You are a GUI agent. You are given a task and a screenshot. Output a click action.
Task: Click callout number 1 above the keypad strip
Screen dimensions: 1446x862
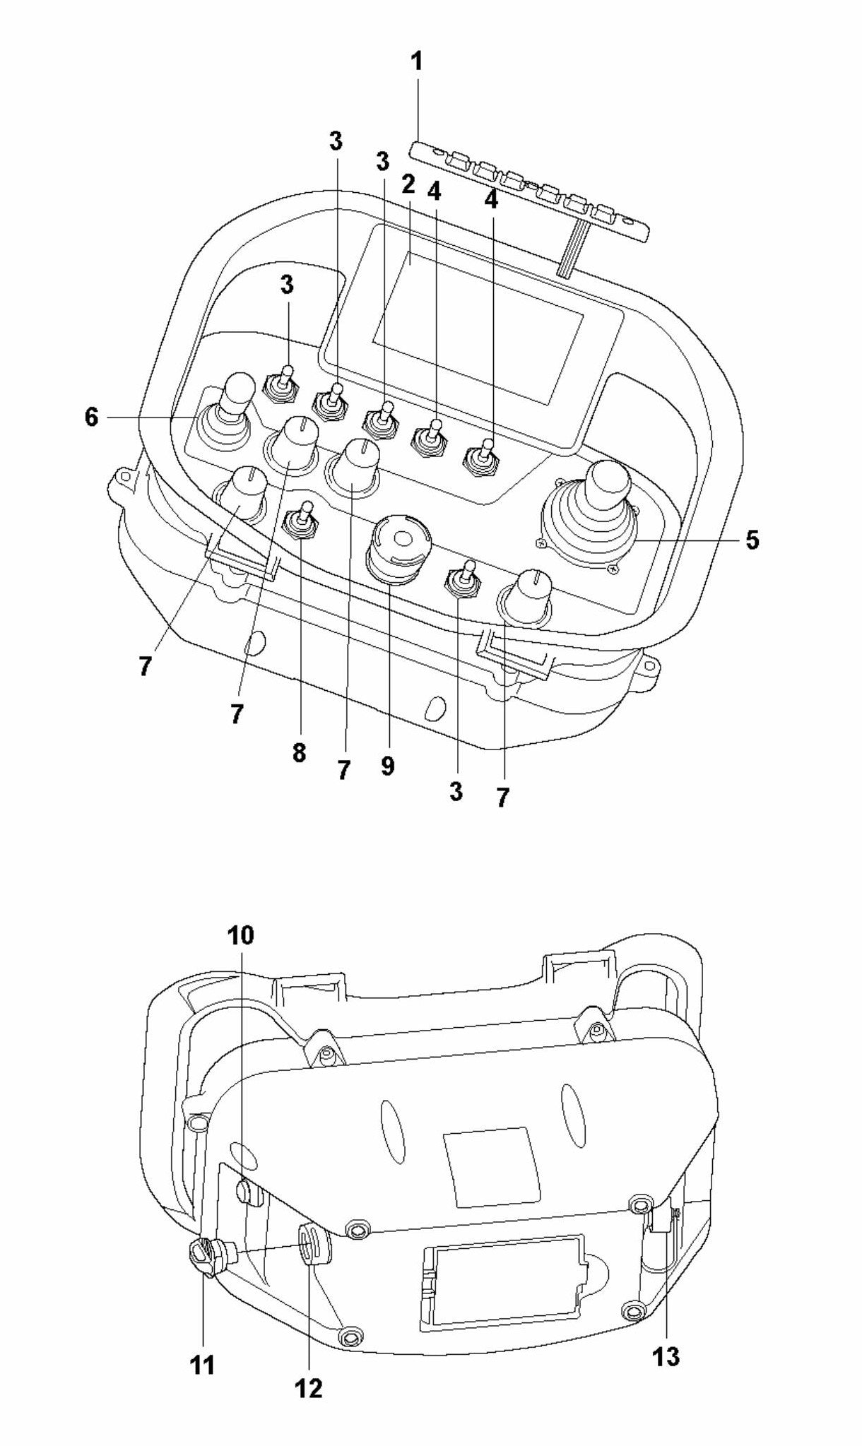point(417,62)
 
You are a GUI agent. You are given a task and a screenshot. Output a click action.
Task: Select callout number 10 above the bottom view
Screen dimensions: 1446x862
point(240,935)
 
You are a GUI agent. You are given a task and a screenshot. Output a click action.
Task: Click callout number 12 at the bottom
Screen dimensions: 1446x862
point(309,1388)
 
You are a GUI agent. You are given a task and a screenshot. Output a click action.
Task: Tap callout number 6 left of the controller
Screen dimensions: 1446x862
point(91,417)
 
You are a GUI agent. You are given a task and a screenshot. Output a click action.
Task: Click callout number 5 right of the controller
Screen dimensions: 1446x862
point(752,541)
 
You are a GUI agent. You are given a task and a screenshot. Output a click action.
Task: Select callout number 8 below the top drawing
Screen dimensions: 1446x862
point(299,753)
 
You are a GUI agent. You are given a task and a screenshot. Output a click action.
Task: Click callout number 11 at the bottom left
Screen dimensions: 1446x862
point(203,1365)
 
